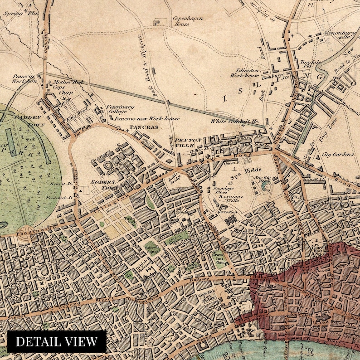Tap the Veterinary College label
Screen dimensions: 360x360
[120, 109]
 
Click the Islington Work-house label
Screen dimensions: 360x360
[247, 73]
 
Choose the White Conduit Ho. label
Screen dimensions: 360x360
[235, 121]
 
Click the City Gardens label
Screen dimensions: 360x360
[338, 155]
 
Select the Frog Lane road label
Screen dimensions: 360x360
[322, 134]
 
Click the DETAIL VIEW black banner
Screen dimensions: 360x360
[57, 341]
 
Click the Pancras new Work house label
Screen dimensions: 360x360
[146, 118]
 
